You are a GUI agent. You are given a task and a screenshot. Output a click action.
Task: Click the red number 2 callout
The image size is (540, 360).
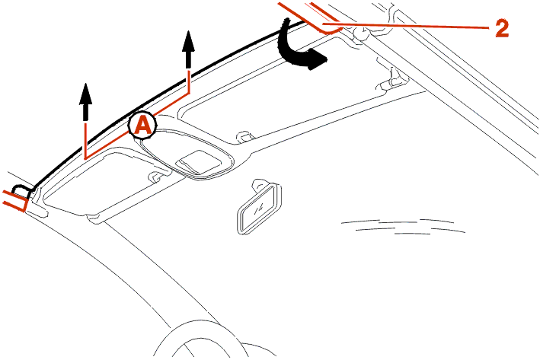pyautogui.click(x=502, y=27)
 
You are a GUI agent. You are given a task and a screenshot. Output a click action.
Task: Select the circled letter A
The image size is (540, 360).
pyautogui.click(x=143, y=125)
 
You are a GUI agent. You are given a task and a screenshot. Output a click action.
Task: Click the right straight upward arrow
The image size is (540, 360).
pyautogui.click(x=188, y=50)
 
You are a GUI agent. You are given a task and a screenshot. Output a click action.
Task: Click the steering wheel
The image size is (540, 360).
pyautogui.click(x=213, y=339)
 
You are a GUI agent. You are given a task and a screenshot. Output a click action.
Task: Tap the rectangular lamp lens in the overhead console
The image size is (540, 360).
pyautogui.click(x=198, y=162)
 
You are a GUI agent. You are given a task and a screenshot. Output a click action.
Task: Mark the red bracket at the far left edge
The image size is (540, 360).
pyautogui.click(x=15, y=199)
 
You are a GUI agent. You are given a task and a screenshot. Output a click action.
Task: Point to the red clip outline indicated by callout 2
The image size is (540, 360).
pyautogui.click(x=310, y=18)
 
